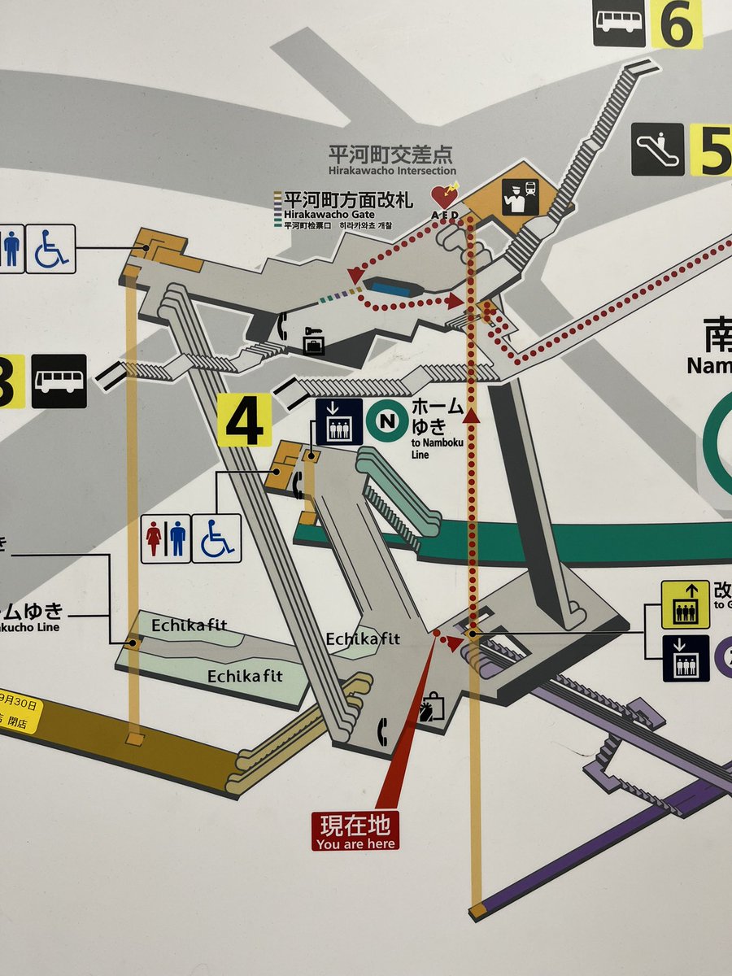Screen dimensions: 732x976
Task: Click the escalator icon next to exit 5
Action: point(658,149)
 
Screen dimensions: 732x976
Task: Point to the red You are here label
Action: point(355,832)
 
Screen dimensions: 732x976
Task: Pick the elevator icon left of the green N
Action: point(338,421)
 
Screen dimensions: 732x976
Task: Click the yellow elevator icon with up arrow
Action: point(685,604)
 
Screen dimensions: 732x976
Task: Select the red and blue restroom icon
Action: point(165,538)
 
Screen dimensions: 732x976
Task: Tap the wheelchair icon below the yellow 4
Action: point(216,538)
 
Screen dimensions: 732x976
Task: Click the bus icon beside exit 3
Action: point(59,381)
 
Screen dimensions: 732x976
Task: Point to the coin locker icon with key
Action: point(314,341)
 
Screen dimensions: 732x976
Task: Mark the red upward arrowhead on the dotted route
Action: point(471,417)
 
